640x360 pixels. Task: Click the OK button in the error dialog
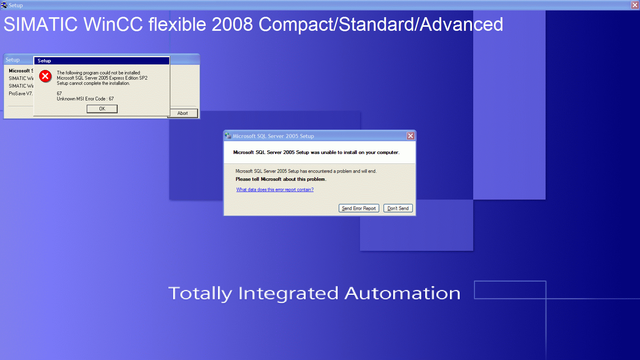[102, 108]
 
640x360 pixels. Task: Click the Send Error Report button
[359, 208]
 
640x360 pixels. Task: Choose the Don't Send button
[398, 208]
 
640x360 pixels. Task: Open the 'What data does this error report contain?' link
[275, 190]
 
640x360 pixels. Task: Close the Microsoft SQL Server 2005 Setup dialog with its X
[410, 136]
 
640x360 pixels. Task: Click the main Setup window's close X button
[635, 5]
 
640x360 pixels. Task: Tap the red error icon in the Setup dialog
[45, 76]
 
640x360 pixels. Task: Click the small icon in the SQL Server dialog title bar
[228, 136]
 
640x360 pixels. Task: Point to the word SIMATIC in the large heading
[40, 24]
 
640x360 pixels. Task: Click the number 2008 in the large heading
[232, 24]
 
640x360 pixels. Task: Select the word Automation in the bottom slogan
[402, 293]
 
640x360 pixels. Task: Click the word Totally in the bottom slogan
[200, 294]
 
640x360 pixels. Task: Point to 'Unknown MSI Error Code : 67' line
[85, 99]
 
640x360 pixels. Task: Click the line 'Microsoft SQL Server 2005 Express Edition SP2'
[102, 78]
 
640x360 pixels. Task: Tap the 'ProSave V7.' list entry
[20, 94]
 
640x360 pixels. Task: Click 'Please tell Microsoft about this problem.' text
[281, 179]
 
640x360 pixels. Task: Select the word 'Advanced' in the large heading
[462, 24]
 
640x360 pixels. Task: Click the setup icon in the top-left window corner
[4, 5]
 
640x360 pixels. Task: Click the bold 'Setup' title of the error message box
[44, 60]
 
